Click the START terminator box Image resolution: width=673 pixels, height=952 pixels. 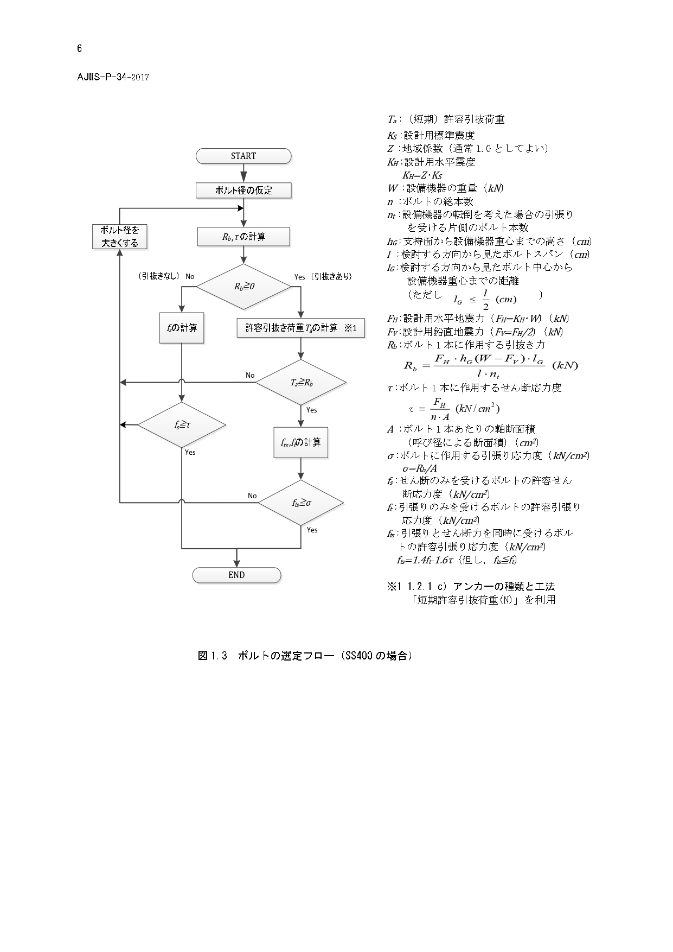[x=243, y=156]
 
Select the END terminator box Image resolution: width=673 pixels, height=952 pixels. [x=236, y=575]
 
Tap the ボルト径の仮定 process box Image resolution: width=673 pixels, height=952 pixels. [x=243, y=191]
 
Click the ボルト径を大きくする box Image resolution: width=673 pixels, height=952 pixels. [x=119, y=237]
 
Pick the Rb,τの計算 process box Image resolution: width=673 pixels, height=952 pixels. [x=243, y=237]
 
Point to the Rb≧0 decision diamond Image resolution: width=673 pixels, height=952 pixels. [x=243, y=287]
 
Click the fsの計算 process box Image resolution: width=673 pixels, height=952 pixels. [x=182, y=328]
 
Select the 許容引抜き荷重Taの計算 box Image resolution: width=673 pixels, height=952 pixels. [x=301, y=328]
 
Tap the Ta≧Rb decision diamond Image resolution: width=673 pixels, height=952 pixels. [x=301, y=383]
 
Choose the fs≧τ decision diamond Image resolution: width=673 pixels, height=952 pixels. [x=182, y=425]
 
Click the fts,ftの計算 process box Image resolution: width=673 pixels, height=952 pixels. [x=301, y=443]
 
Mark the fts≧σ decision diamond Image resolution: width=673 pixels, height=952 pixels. [x=301, y=503]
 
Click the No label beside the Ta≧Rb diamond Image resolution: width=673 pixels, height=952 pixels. [x=250, y=376]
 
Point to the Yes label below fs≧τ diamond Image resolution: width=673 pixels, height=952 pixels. [x=190, y=453]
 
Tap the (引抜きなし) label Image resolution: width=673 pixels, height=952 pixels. [x=159, y=277]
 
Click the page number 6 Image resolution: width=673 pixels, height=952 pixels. [x=80, y=49]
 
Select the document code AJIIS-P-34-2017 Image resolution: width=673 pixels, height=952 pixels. [x=113, y=77]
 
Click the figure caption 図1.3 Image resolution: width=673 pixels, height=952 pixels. [x=211, y=656]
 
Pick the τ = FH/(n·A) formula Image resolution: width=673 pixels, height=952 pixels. [x=454, y=409]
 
